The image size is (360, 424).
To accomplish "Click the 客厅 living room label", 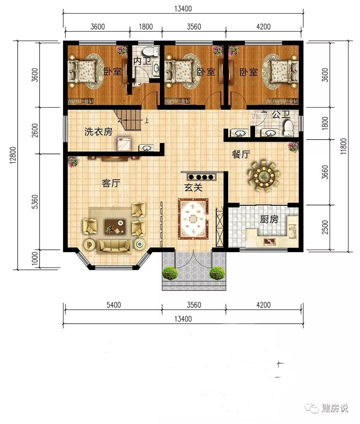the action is [111, 183].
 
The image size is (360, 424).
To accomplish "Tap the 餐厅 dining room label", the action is [241, 154].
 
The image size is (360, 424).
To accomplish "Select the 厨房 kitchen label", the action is [269, 219].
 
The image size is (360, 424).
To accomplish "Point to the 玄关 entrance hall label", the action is [193, 187].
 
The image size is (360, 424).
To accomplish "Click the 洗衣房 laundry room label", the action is [98, 132].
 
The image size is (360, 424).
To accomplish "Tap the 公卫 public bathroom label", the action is [281, 114].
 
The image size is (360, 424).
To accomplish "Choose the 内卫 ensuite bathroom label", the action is [142, 61].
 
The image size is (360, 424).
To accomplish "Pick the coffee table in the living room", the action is [115, 226].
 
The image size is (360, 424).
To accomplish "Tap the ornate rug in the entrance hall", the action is [193, 219].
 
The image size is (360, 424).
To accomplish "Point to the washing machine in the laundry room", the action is [124, 144].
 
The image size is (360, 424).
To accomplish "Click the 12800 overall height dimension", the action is [13, 155].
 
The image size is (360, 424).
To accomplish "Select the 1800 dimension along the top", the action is [146, 27].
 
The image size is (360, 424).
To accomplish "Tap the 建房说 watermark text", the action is [335, 408].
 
